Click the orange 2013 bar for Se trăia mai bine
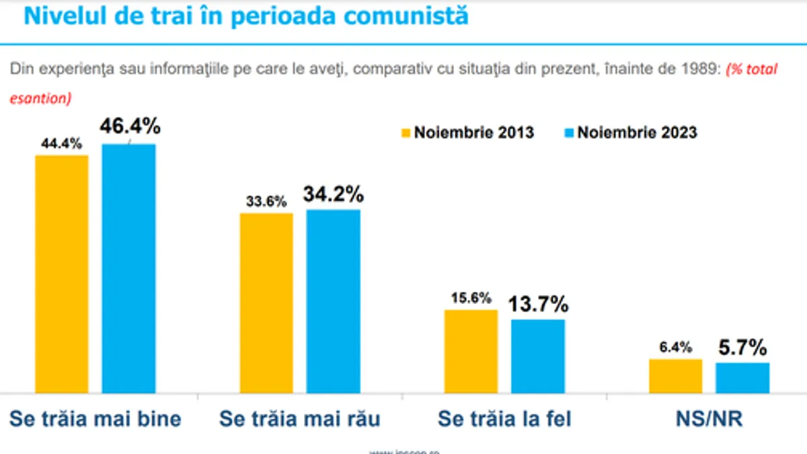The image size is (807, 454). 62,274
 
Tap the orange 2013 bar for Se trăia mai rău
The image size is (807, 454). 266,303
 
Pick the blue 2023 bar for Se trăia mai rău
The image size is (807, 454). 334,301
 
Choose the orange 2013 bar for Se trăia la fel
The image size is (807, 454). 471,351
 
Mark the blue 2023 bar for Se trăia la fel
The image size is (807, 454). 538,356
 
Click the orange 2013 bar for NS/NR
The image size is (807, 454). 675,376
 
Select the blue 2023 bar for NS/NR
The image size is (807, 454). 742,378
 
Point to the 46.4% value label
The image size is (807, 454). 130,126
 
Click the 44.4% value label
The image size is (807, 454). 62,143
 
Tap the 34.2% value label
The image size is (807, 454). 334,194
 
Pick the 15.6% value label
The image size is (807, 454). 471,297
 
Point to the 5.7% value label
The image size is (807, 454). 742,348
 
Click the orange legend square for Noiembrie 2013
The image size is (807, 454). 405,132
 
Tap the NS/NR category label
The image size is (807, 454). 709,419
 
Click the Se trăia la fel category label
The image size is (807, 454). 504,419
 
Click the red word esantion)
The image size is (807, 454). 40,98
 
